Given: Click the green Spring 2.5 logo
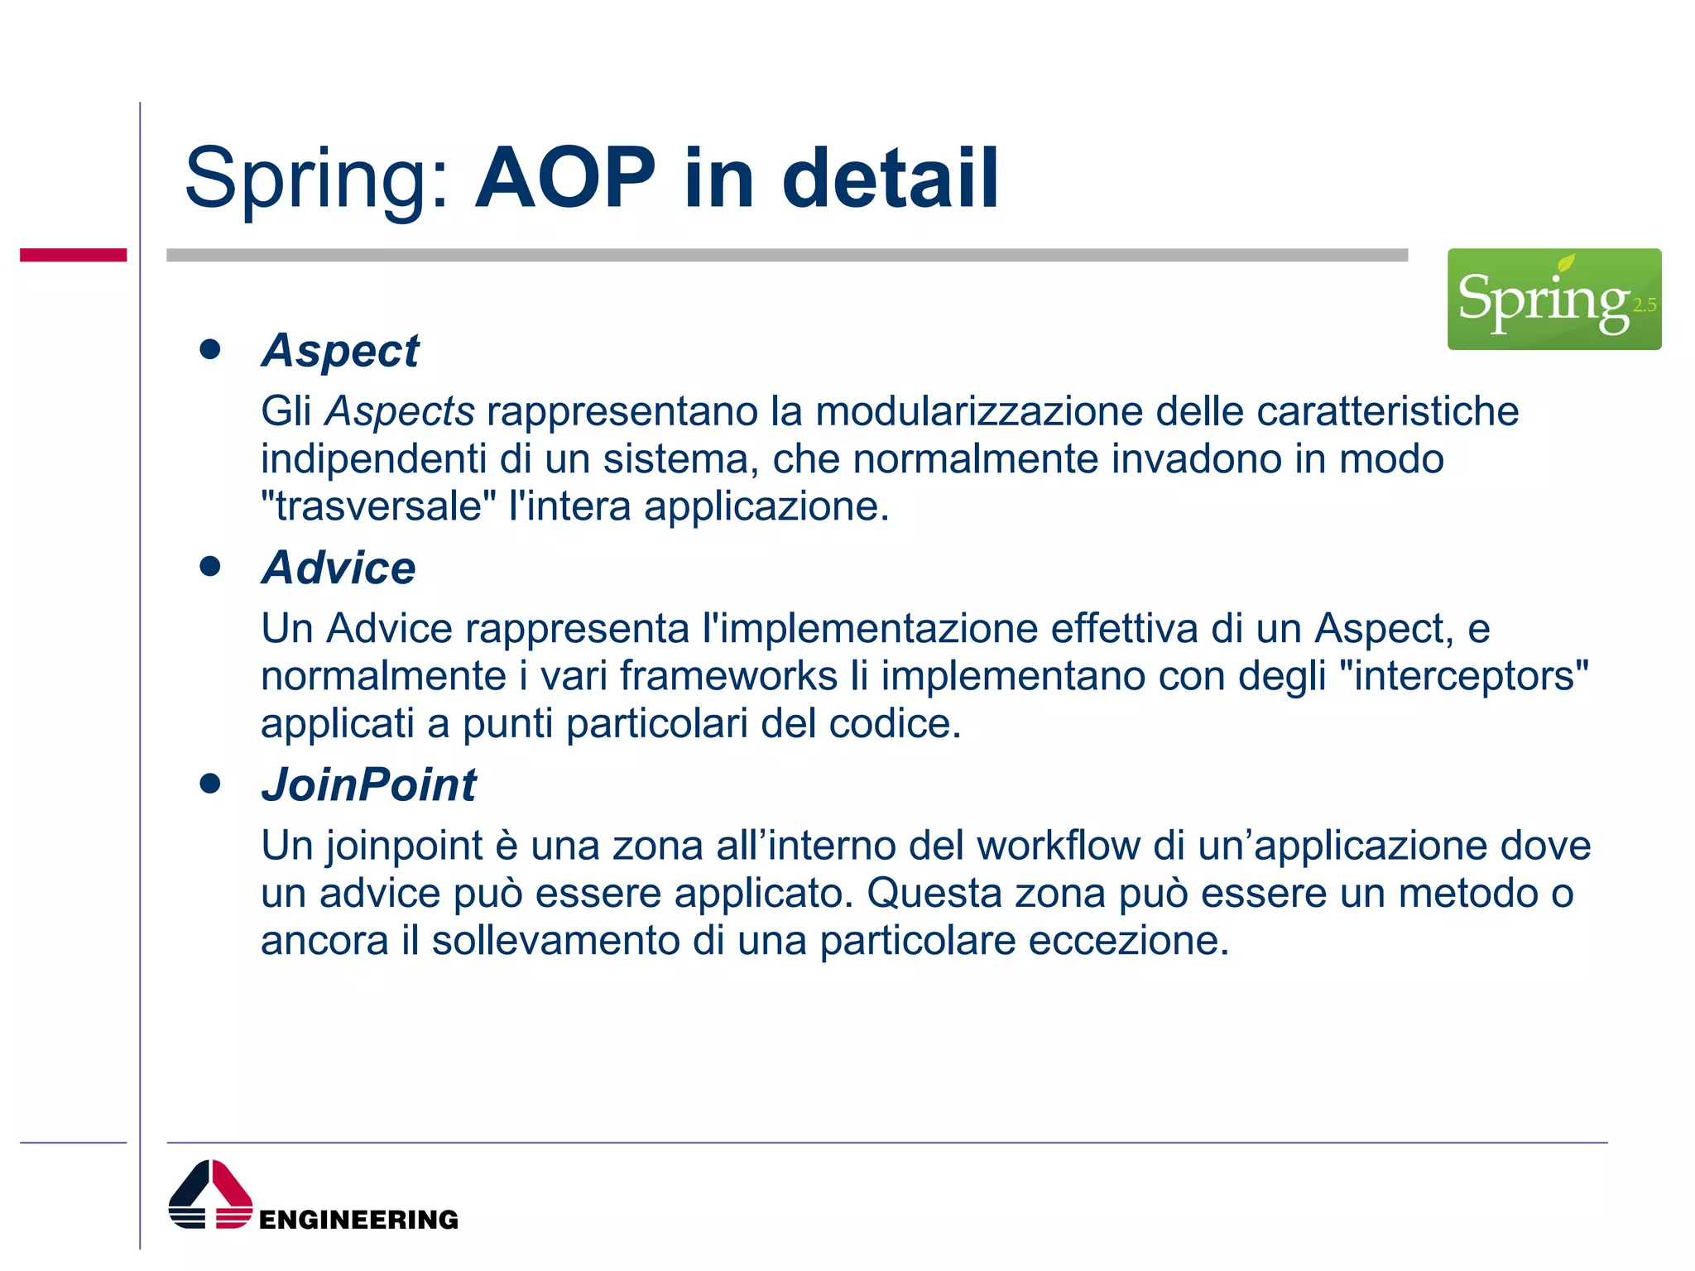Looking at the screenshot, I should coord(1553,299).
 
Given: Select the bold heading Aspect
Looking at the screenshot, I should coord(340,350).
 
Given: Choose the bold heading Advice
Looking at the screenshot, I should coord(339,568).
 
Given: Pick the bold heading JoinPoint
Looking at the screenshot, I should coord(369,784).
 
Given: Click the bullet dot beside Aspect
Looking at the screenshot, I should coord(210,349).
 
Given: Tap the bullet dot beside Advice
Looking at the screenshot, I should coord(210,566).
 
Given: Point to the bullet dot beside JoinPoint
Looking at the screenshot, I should coord(210,783).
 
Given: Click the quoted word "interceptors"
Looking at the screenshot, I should coord(1463,676).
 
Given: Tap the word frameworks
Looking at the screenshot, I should coord(728,676).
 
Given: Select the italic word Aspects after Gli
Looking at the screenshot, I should coord(400,411).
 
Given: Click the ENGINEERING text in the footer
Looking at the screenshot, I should coord(358,1220).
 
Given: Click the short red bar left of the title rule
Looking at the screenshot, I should coord(73,255).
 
